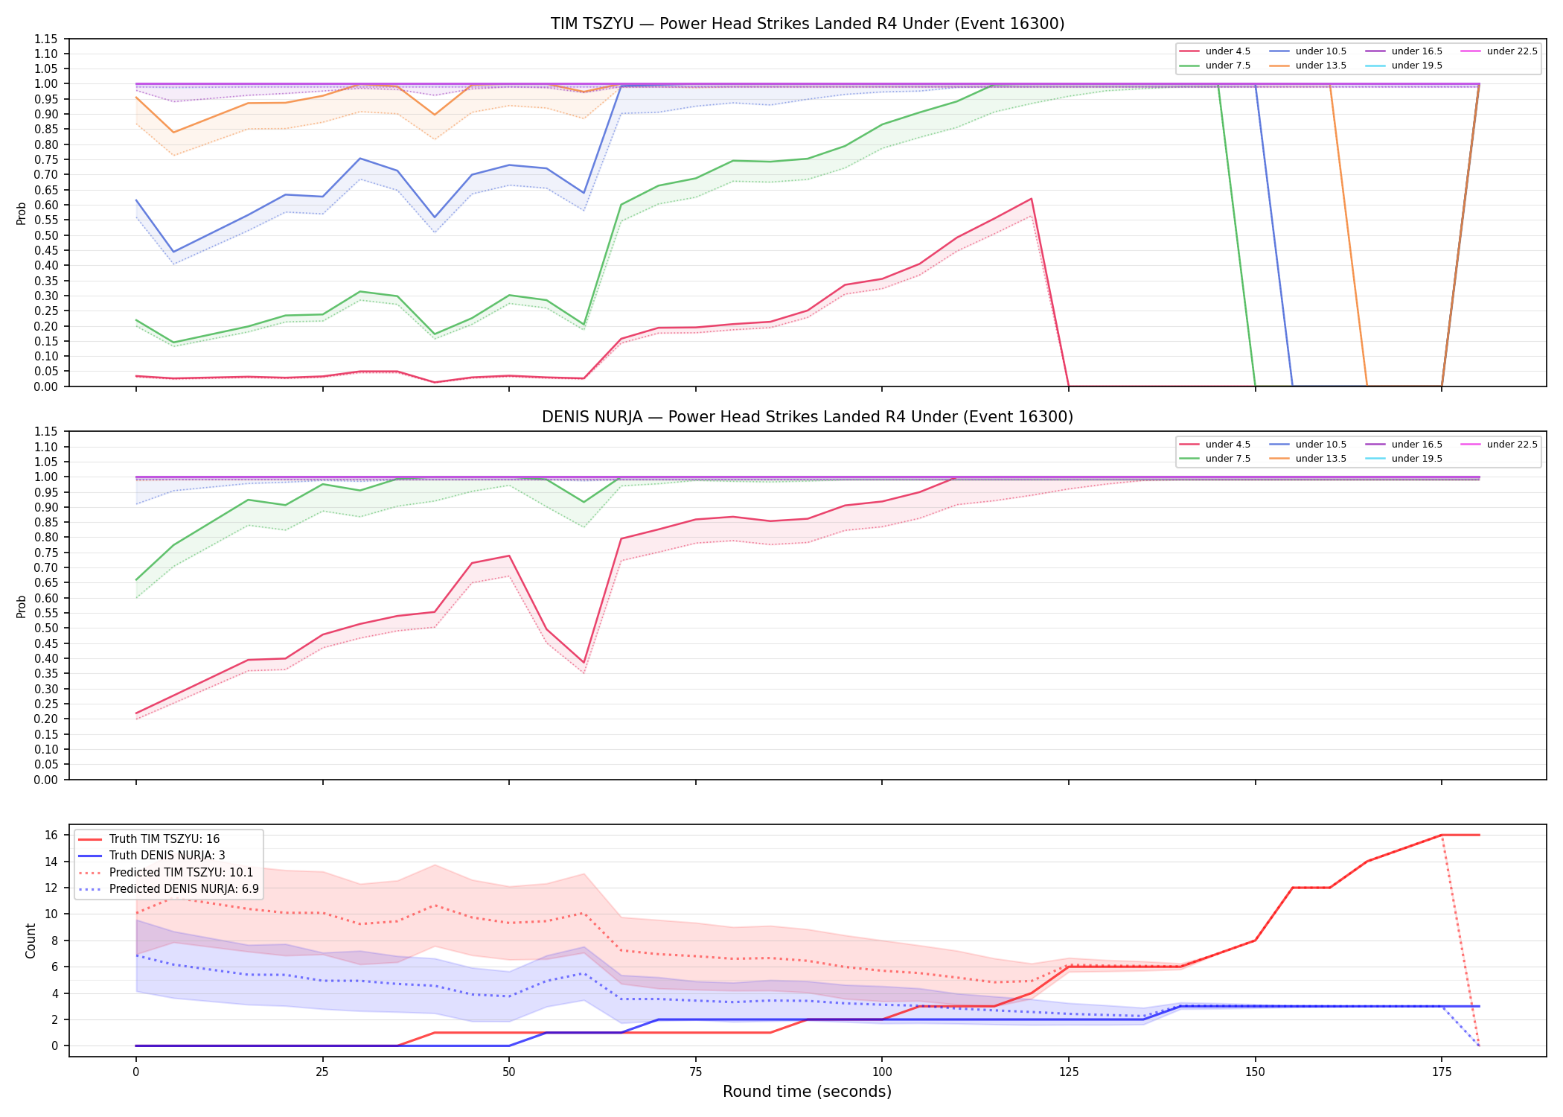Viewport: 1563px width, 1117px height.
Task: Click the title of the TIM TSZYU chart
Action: tap(808, 24)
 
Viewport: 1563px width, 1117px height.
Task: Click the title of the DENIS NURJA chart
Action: tap(808, 417)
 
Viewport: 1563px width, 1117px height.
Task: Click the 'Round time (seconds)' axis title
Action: tap(808, 1092)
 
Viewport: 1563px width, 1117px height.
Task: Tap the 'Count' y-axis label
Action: tap(31, 941)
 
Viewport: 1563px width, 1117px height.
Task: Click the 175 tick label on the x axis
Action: tap(1442, 1072)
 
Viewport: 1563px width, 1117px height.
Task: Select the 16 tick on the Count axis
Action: tap(52, 836)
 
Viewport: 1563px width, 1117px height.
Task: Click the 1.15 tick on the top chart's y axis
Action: tap(46, 39)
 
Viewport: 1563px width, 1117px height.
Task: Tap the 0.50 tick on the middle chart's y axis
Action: tap(46, 628)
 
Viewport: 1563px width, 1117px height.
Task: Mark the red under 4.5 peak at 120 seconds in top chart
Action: tap(1031, 199)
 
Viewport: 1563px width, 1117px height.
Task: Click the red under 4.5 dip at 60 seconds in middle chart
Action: tap(584, 663)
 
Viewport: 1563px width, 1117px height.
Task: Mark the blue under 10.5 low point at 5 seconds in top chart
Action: tap(173, 252)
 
